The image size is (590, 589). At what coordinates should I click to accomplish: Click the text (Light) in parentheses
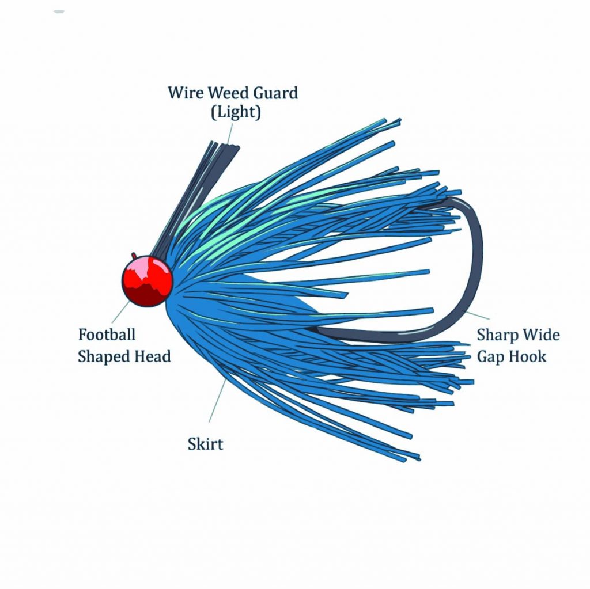235,112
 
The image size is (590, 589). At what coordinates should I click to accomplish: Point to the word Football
107,335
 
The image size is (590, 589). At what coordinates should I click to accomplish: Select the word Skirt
205,444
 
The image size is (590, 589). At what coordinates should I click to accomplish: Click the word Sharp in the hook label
497,335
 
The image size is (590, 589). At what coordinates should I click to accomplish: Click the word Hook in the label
528,356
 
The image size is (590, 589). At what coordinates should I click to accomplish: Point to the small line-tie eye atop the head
134,255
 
